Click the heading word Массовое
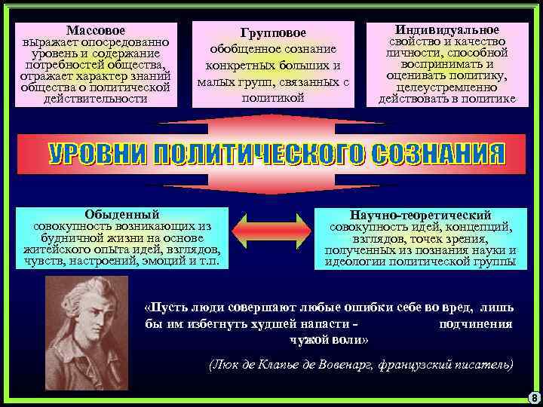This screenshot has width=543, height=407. point(95,30)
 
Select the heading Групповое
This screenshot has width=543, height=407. point(273,33)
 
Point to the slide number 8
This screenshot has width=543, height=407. point(533,397)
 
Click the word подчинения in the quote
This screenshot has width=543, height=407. point(475,323)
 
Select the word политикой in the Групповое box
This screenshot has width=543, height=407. point(273,98)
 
